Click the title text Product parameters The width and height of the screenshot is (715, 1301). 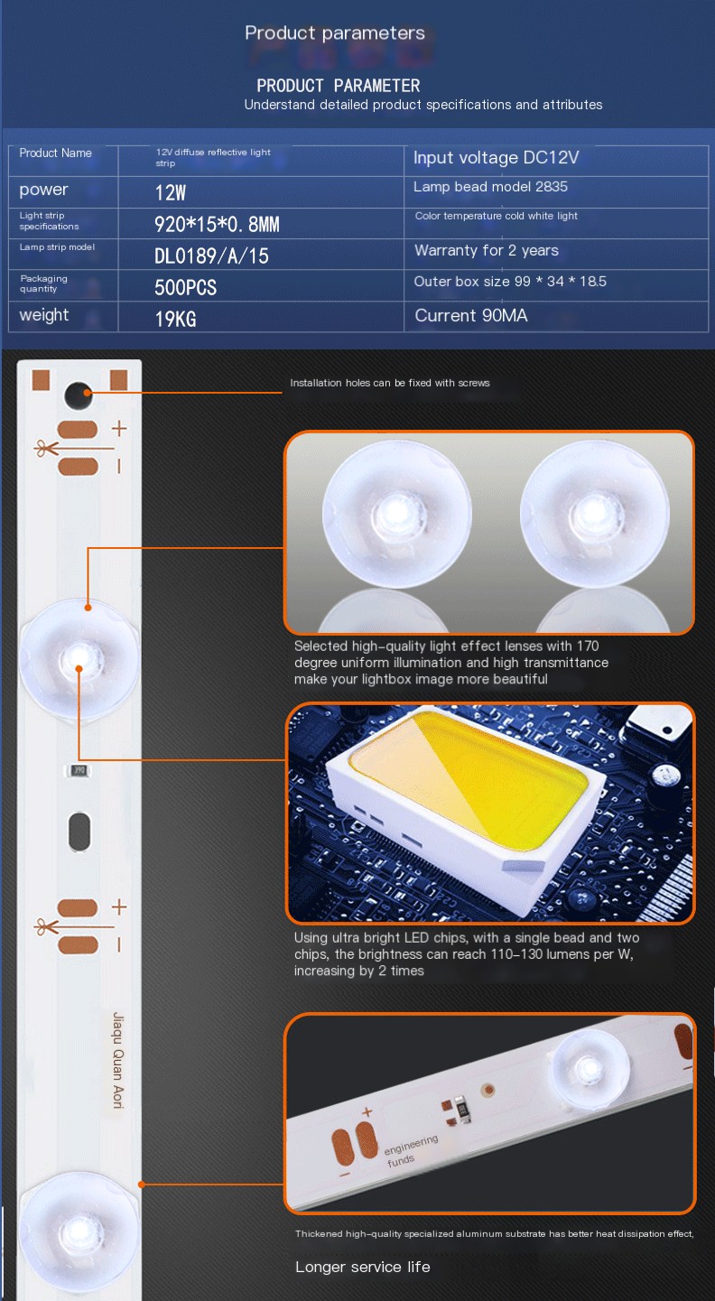click(x=334, y=33)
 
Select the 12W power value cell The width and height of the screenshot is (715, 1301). click(x=171, y=192)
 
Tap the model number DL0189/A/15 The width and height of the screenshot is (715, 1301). click(x=211, y=256)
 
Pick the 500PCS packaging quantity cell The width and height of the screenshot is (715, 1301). click(x=185, y=288)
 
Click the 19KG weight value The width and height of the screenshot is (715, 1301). click(x=175, y=319)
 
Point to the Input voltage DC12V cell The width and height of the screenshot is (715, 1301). click(x=496, y=158)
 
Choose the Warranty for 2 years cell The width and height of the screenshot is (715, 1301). click(x=486, y=251)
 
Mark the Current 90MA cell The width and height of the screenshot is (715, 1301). click(x=470, y=316)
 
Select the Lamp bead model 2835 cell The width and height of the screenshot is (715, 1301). click(x=490, y=188)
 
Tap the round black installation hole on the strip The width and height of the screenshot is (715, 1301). click(x=79, y=395)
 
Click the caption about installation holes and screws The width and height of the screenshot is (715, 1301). click(x=389, y=383)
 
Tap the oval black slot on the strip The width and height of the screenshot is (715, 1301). click(x=79, y=831)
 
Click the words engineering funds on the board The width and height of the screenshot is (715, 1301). click(x=412, y=1149)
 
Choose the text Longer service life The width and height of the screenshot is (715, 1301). click(x=363, y=1268)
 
